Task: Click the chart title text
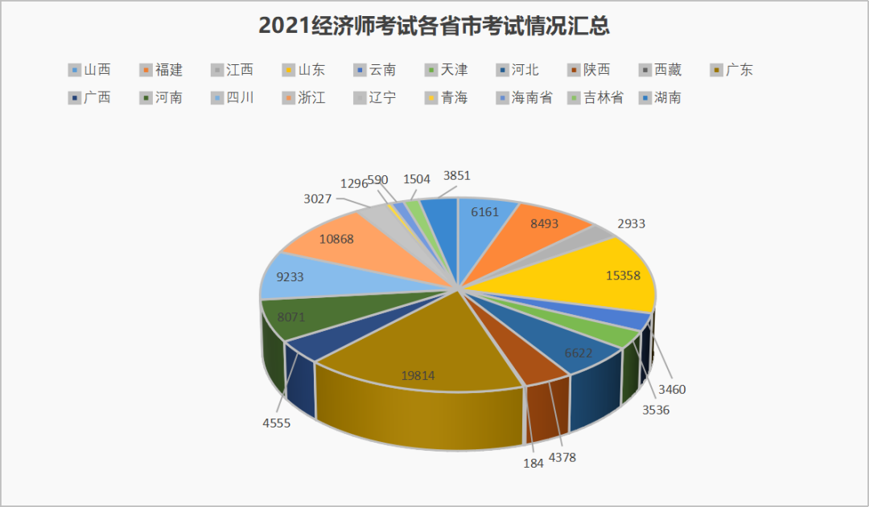click(434, 26)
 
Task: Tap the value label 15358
click(623, 275)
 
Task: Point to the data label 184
click(533, 463)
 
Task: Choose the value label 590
click(378, 180)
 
